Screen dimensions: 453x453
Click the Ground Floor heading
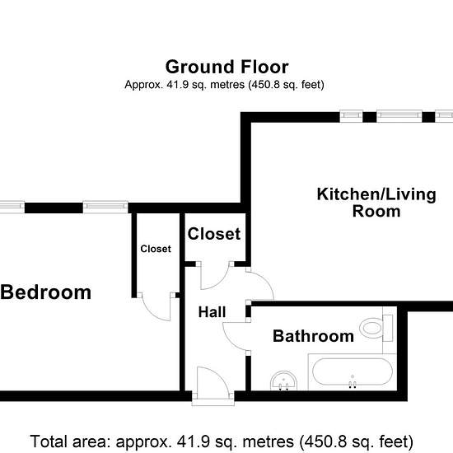click(x=226, y=67)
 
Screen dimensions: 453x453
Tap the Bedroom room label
click(x=45, y=292)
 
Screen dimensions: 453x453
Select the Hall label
click(x=212, y=312)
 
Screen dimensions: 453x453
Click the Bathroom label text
click(x=313, y=336)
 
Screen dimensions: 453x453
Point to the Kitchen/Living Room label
click(x=376, y=203)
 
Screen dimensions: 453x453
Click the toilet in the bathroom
click(x=376, y=328)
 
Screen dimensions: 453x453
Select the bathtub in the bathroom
click(x=353, y=371)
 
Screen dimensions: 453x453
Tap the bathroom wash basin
click(x=283, y=381)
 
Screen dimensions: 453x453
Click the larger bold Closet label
click(x=214, y=234)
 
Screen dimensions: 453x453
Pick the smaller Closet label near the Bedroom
click(x=156, y=249)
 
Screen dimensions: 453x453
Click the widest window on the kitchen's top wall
click(x=399, y=117)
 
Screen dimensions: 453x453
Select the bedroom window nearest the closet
click(x=105, y=207)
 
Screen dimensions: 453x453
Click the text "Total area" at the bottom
click(x=70, y=441)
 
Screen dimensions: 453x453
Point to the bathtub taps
click(x=353, y=384)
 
